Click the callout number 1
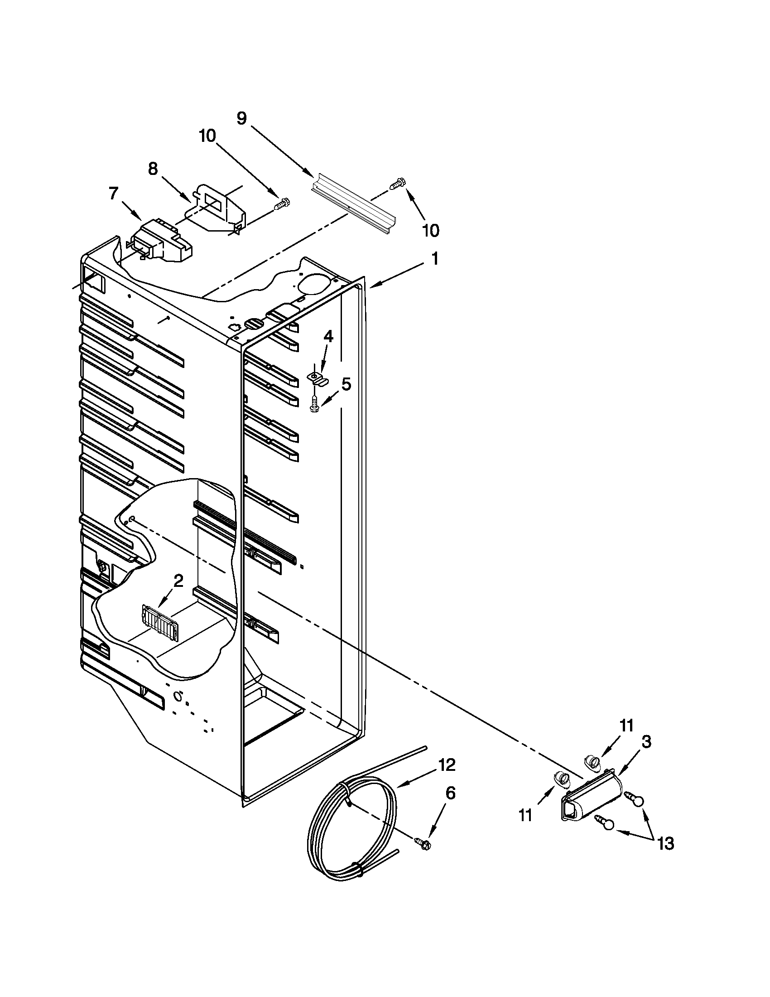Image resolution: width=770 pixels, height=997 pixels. [435, 259]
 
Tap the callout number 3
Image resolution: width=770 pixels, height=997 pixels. [646, 742]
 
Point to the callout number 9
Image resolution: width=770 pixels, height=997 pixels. [242, 118]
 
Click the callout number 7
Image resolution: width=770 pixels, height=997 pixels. [113, 194]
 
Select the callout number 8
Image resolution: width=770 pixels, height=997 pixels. [153, 169]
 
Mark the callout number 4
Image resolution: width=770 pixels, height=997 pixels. [328, 337]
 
